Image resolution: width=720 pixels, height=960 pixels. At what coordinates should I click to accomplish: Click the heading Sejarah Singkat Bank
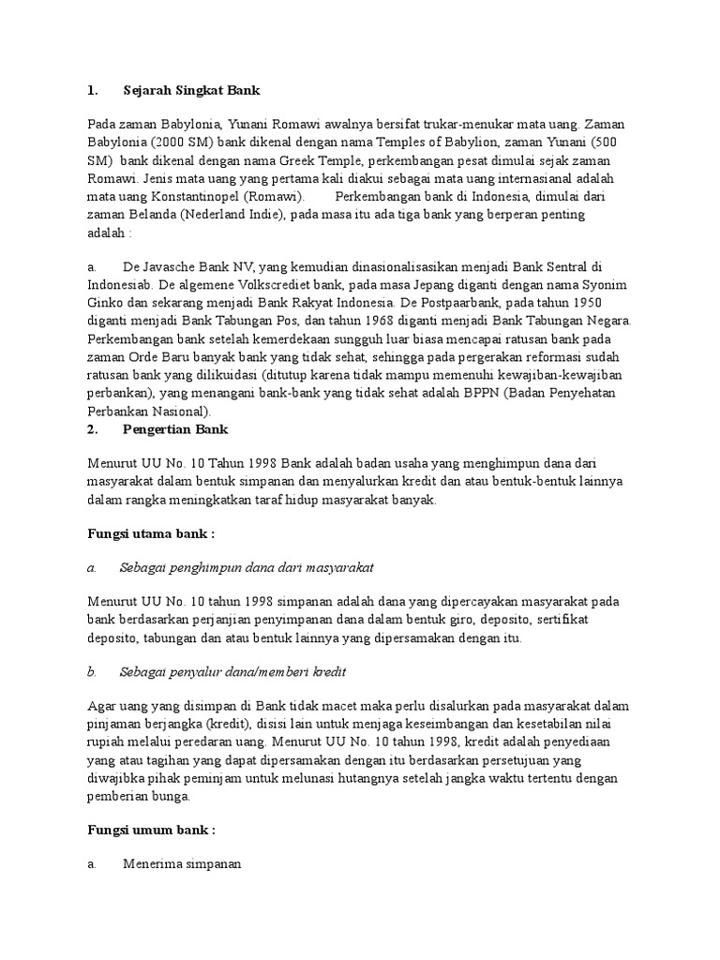pos(191,91)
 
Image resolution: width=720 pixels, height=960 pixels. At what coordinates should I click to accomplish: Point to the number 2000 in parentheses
pos(178,142)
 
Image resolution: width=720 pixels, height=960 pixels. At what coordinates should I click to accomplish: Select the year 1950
pos(581,303)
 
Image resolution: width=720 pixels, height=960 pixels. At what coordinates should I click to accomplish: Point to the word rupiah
pos(105,742)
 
